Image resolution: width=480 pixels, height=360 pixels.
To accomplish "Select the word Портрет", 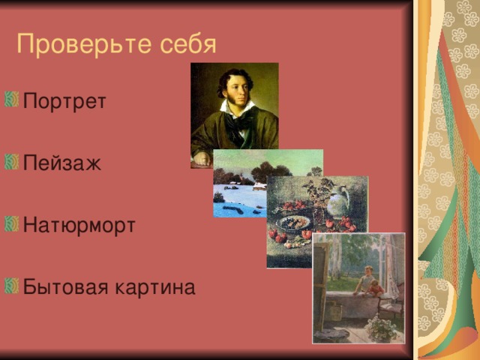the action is pos(64,102).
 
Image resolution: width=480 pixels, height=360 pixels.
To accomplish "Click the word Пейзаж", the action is pos(62,163).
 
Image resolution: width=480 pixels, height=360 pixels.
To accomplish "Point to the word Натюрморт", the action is pos(79,226).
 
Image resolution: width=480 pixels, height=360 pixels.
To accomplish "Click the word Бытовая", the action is pos(65,287).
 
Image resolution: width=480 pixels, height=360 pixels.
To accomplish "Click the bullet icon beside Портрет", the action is pos(12,99).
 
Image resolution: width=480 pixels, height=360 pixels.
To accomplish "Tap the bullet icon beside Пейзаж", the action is pos(12,162).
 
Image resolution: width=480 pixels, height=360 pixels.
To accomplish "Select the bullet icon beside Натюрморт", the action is pos(12,223).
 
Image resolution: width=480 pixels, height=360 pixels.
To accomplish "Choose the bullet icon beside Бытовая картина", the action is pos(12,286).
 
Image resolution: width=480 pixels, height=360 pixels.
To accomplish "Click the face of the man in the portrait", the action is pos(238,89).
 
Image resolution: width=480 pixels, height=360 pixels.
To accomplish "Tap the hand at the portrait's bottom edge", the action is pos(202,158).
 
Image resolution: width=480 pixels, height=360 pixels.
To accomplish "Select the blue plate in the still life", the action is pos(294,223).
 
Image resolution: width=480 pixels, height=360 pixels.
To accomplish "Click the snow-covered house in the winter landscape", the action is pos(259,186).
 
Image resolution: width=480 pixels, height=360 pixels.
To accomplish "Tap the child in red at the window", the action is pos(376,288).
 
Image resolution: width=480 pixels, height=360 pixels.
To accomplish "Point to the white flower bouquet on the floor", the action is pos(382,328).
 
